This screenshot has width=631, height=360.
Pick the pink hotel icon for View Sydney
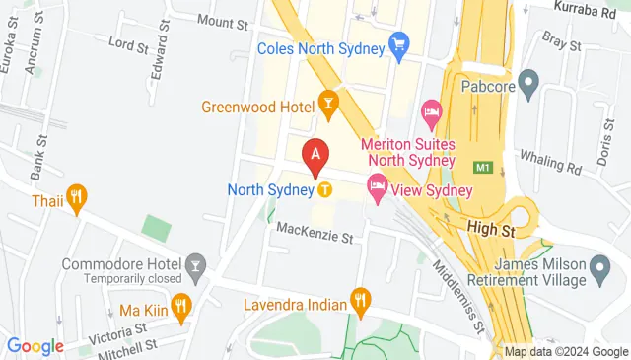click(377, 184)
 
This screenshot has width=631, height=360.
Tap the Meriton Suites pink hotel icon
click(431, 112)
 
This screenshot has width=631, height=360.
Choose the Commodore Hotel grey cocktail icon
click(195, 263)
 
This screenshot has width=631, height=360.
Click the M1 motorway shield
click(482, 168)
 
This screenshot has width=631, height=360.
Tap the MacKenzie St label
click(315, 235)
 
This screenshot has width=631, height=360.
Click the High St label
click(491, 229)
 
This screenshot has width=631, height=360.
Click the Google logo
click(35, 345)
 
